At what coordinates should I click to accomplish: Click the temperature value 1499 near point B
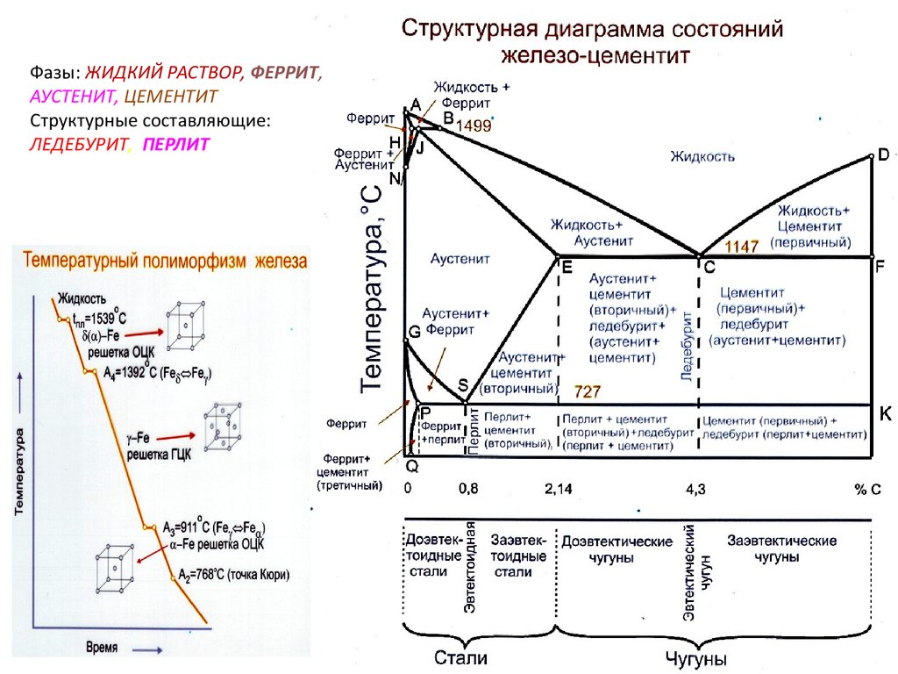[x=474, y=125]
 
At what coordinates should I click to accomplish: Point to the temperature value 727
[x=588, y=389]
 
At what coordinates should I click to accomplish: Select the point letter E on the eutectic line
[x=567, y=269]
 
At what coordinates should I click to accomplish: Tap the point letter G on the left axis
[x=415, y=333]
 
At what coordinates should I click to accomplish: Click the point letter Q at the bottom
[x=412, y=465]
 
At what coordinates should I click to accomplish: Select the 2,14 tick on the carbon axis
[x=559, y=489]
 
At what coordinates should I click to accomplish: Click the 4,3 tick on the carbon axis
[x=695, y=489]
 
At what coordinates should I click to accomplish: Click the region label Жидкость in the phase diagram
[x=702, y=156]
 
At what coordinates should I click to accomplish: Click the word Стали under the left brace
[x=460, y=656]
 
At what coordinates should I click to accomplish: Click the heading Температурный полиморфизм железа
[x=165, y=261]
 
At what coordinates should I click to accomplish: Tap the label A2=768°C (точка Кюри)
[x=233, y=575]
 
